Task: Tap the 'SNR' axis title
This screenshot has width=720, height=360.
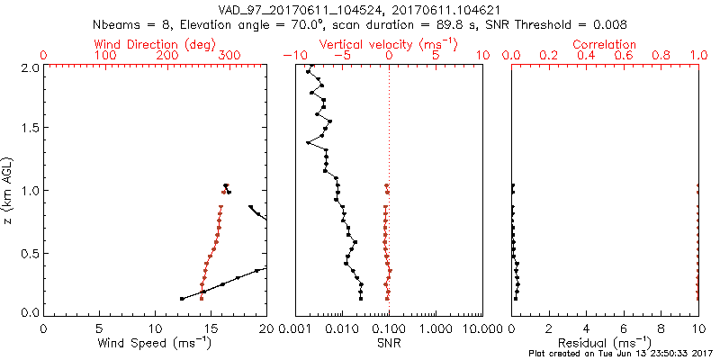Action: [389, 343]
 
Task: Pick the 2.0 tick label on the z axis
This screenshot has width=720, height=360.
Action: [27, 67]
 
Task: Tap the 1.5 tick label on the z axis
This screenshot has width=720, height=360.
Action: [27, 129]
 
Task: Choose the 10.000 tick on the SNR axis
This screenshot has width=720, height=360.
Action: [480, 328]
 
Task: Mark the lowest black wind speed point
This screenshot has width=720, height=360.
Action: [183, 299]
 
